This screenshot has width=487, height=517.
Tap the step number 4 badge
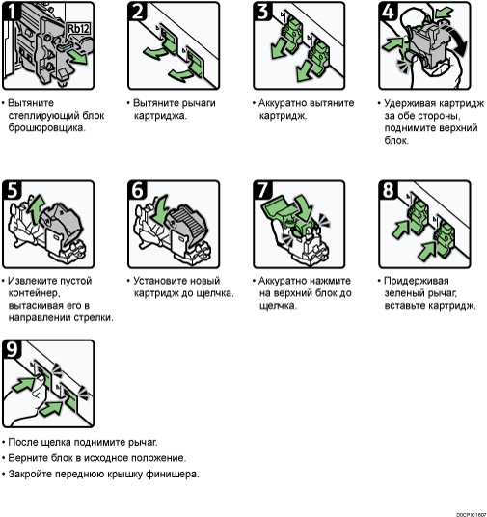(388, 12)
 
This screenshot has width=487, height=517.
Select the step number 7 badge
(262, 190)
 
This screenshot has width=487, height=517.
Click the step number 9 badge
(12, 349)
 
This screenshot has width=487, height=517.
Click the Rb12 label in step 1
(78, 29)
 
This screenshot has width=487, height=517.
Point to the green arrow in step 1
(78, 57)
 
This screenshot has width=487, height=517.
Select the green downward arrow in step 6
(161, 207)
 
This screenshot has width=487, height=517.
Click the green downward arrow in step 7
(304, 207)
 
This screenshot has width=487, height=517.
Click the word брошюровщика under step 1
(47, 128)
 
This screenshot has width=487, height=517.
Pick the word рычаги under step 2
(199, 103)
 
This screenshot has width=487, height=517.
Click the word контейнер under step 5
(34, 293)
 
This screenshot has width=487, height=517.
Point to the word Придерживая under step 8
(417, 281)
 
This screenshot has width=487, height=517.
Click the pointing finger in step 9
(37, 388)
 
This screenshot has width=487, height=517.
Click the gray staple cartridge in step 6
(188, 228)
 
